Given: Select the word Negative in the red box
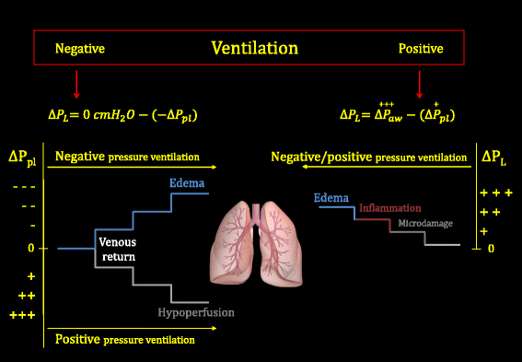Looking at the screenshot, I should (x=80, y=48).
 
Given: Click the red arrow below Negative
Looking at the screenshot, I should (x=76, y=85).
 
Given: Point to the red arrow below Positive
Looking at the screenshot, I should (x=420, y=85).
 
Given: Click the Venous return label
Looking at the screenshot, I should (x=117, y=249).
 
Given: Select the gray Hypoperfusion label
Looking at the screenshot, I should (x=195, y=312).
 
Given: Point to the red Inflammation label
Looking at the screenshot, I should (x=390, y=208).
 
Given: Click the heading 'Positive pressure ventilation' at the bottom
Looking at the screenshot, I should (x=125, y=340).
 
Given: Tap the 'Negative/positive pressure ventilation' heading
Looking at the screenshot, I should (x=368, y=158).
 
